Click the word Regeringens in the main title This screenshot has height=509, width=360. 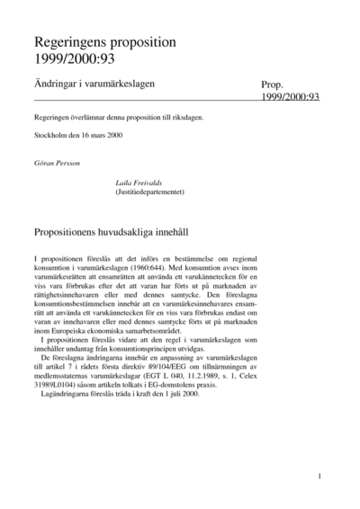pos(70,42)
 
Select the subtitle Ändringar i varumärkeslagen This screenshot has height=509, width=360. pos(94,84)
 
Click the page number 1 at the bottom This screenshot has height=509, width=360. pos(319,476)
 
